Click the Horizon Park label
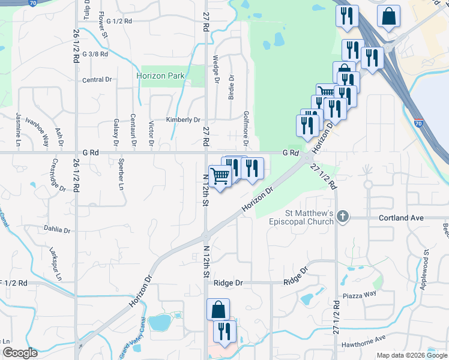(160, 76)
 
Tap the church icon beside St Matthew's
(343, 217)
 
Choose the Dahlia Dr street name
(57, 229)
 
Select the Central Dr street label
(97, 80)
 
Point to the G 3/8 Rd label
(96, 54)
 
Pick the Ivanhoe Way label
(45, 133)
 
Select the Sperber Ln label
(121, 178)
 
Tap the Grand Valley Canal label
(130, 347)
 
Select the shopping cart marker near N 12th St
(220, 176)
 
